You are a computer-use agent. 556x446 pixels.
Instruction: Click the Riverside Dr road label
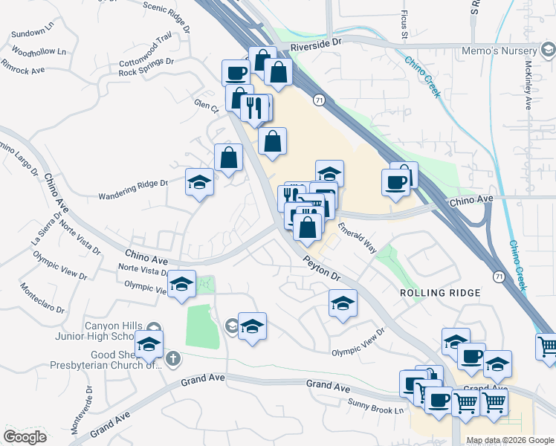coord(316,44)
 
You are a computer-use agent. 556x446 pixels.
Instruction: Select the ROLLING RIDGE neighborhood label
coord(440,293)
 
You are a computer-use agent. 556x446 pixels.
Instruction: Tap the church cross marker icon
coord(172,359)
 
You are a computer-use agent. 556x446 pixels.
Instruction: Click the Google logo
coord(25,437)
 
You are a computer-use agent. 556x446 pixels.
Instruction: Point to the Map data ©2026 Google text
coord(510,440)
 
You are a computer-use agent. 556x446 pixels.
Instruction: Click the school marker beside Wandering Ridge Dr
coord(199,182)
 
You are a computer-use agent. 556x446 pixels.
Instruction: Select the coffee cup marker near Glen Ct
coord(236,73)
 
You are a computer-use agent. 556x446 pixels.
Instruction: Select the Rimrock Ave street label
coord(24,66)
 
